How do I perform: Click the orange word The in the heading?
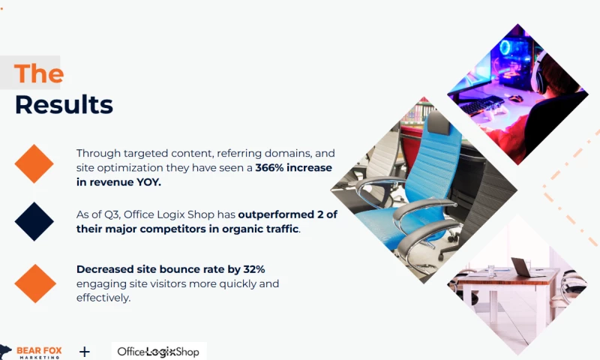tap(39, 73)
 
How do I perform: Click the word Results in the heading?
tap(64, 104)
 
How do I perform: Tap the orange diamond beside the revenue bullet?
tap(34, 163)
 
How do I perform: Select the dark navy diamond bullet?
tap(34, 221)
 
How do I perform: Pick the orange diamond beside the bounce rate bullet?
tap(34, 283)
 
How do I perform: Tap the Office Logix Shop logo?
tap(158, 351)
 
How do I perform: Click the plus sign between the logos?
tap(85, 351)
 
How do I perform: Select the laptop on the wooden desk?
tap(522, 267)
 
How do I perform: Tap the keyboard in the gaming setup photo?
tap(481, 105)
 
